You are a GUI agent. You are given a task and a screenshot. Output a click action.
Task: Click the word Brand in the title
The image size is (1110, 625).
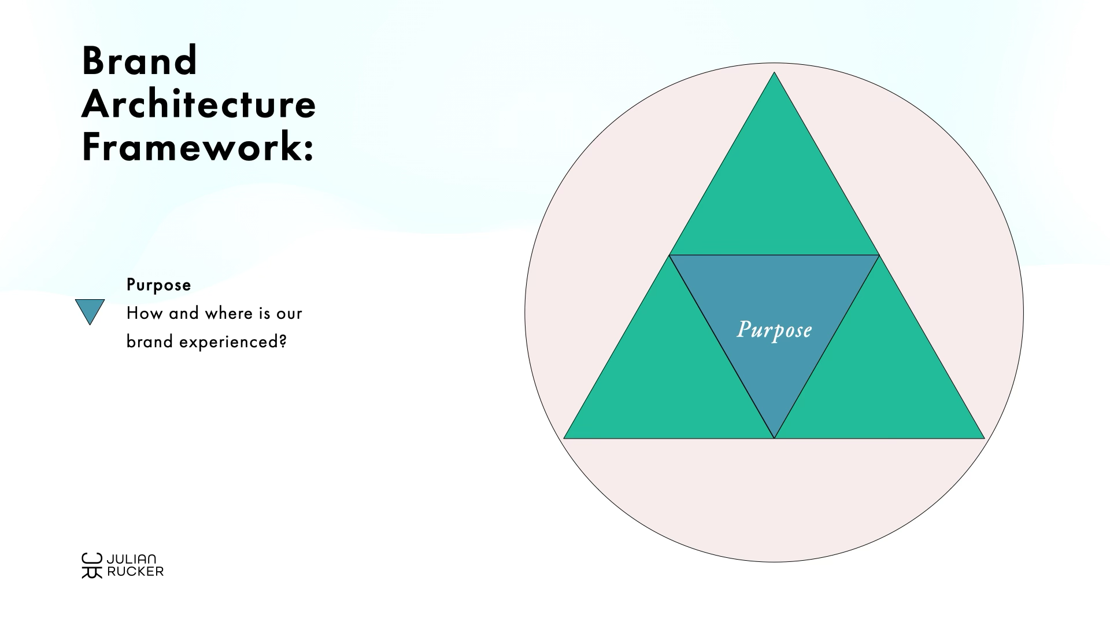pos(140,61)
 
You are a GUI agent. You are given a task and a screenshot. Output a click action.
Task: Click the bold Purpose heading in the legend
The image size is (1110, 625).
pos(159,285)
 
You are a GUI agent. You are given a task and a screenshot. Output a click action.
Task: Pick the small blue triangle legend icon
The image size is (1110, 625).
pos(90,310)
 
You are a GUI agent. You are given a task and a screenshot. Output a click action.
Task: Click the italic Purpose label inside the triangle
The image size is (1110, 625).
pos(774,330)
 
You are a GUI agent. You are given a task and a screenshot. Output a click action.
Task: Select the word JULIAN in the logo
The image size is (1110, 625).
pos(131,559)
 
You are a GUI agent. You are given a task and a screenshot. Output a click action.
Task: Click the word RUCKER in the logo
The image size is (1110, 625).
pos(135,572)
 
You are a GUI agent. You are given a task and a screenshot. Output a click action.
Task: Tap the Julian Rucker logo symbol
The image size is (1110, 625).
pos(92,565)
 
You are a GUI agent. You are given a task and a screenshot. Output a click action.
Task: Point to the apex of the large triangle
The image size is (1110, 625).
pos(774,72)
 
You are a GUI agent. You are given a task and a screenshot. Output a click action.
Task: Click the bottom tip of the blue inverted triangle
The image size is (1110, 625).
pos(774,438)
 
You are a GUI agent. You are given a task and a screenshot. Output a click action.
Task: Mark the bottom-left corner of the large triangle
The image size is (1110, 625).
pos(564,438)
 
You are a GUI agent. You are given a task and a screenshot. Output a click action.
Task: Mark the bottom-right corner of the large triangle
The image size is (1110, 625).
pos(984,438)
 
